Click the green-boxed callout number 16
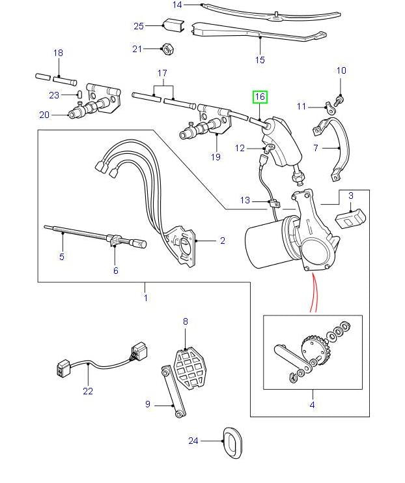pyautogui.click(x=260, y=97)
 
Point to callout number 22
pyautogui.click(x=88, y=391)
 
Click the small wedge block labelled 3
pyautogui.click(x=352, y=216)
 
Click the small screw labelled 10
pyautogui.click(x=341, y=99)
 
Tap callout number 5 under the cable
pyautogui.click(x=62, y=256)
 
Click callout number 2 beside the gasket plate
pyautogui.click(x=222, y=241)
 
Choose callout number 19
pyautogui.click(x=216, y=157)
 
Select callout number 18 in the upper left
pyautogui.click(x=58, y=53)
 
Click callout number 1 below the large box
pyautogui.click(x=145, y=298)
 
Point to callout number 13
pyautogui.click(x=245, y=200)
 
